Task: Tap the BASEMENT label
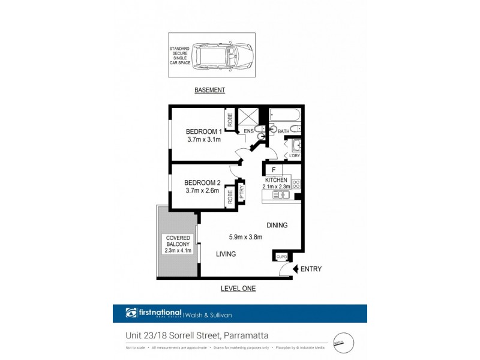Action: point(209,90)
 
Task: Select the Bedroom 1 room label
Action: point(203,131)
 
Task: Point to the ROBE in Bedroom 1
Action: point(230,118)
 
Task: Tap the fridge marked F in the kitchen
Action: point(274,170)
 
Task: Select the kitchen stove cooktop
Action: point(296,185)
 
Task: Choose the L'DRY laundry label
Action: point(294,156)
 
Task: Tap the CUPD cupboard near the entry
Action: point(281,257)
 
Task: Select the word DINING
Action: point(277,225)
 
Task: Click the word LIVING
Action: point(226,254)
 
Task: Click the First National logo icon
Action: point(132,312)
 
